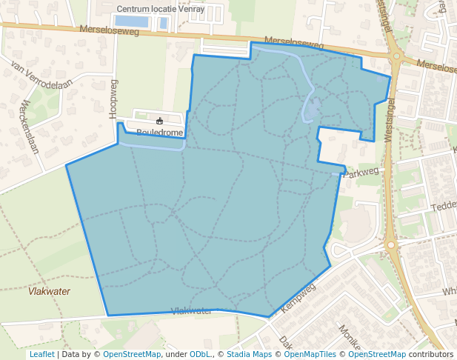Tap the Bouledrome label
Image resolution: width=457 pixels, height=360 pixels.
[159, 133]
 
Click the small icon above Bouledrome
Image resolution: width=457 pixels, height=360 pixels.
[159, 121]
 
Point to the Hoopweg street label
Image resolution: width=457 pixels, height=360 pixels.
[113, 99]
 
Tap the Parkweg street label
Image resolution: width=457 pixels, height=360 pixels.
[362, 171]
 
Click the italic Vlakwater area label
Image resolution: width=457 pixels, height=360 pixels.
[49, 291]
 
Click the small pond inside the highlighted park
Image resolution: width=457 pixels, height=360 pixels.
[313, 110]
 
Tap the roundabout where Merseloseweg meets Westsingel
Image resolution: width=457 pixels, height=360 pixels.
[396, 56]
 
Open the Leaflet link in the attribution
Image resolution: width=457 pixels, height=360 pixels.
[41, 354]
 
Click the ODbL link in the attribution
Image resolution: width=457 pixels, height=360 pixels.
[200, 354]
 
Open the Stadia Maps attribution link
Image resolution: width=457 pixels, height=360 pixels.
[249, 354]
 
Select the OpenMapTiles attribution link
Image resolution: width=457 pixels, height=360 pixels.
[307, 354]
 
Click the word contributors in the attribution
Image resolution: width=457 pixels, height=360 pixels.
[430, 354]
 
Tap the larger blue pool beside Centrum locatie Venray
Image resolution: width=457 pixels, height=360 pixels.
[132, 21]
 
